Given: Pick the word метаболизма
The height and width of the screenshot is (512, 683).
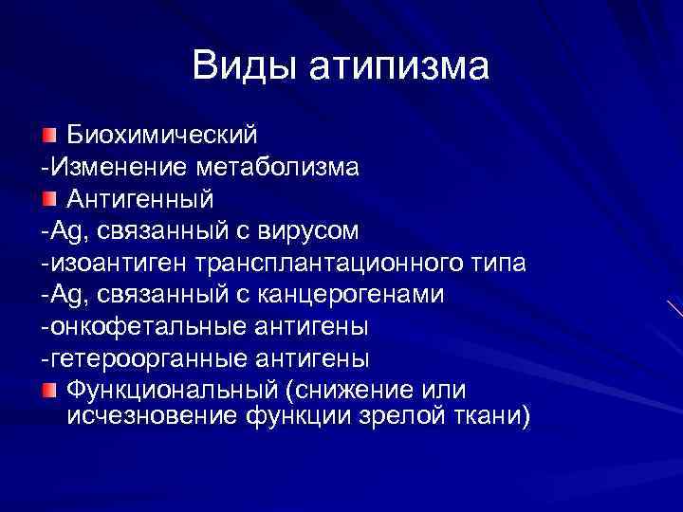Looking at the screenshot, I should tap(279, 169).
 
